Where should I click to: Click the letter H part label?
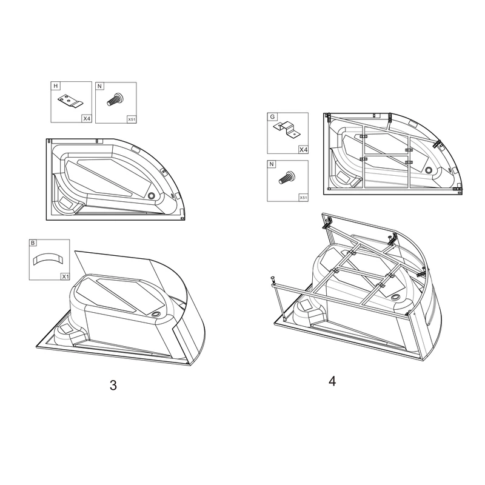(55, 86)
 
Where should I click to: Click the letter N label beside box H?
(100, 86)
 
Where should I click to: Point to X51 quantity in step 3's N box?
(131, 120)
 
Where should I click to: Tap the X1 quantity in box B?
(64, 276)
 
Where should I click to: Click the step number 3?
(113, 385)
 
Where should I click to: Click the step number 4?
(332, 381)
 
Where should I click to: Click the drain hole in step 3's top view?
(151, 195)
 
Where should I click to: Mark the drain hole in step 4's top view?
(430, 170)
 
